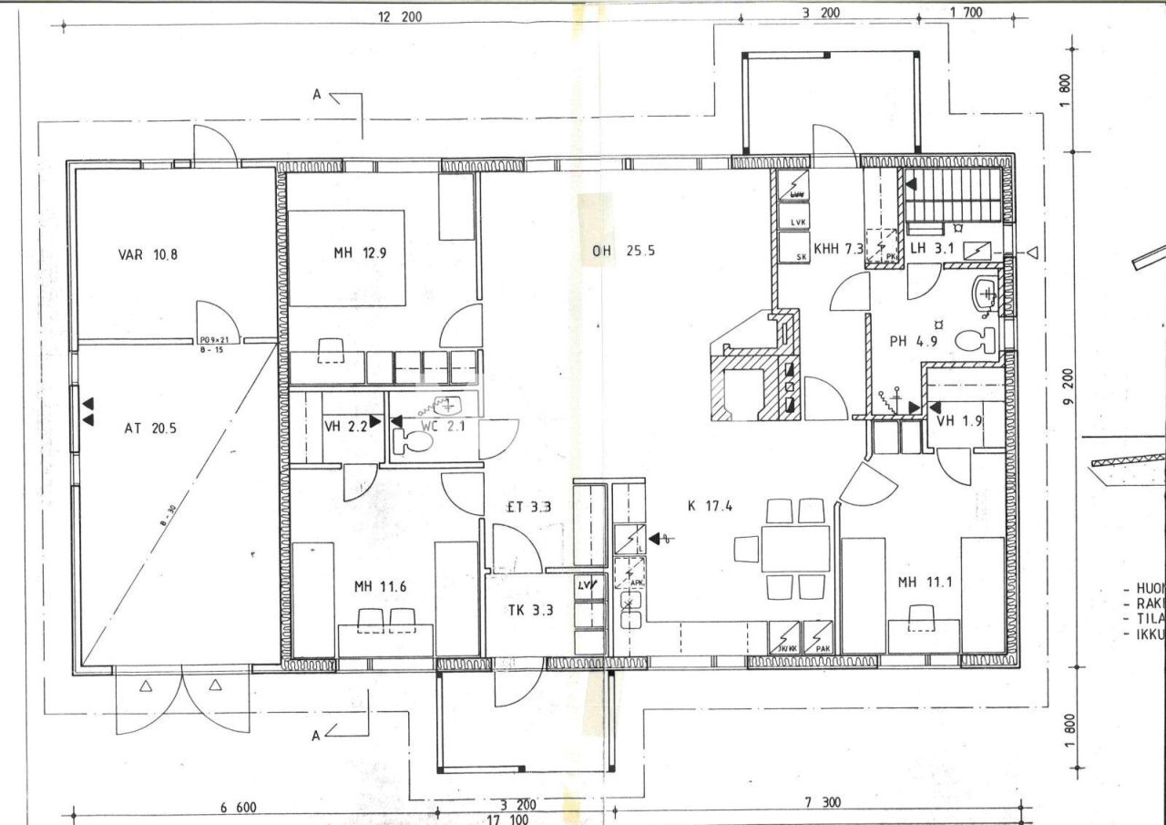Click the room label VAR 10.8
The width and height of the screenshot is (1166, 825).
[x=148, y=254]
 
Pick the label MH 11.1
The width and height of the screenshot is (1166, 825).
[x=926, y=583]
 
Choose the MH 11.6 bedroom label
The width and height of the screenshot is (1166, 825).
[x=381, y=586]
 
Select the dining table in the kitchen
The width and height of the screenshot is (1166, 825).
[x=796, y=548]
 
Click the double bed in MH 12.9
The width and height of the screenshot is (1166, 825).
[x=346, y=259]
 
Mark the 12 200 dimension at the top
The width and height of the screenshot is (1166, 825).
[x=400, y=16]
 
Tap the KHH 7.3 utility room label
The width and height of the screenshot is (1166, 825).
[x=838, y=247]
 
